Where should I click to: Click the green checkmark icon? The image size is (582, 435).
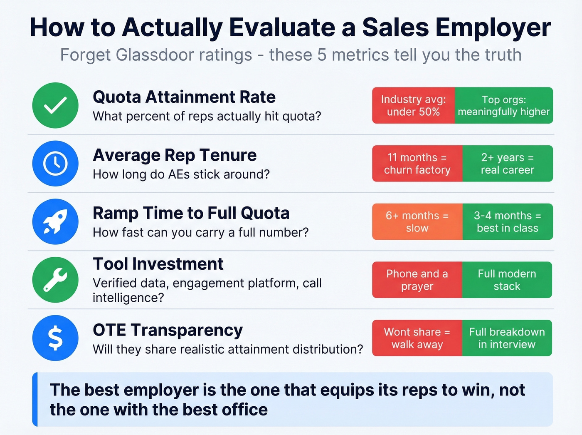tap(55, 105)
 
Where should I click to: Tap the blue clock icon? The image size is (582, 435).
tap(55, 163)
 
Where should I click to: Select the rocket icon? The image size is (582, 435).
tap(55, 221)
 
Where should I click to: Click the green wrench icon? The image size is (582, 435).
tap(55, 280)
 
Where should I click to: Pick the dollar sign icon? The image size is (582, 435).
tap(55, 338)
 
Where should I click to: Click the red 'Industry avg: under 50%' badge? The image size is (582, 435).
tap(413, 105)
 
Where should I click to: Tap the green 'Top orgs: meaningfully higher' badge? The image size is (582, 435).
tap(504, 105)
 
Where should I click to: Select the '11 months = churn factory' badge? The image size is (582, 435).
tap(417, 164)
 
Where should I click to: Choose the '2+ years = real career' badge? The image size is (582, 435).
tap(508, 164)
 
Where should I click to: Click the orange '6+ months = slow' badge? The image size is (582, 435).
tap(417, 221)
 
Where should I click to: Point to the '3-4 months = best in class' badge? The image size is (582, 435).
tap(508, 221)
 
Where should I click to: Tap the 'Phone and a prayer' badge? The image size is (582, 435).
tap(417, 280)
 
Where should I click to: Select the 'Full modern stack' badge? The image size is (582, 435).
tap(507, 280)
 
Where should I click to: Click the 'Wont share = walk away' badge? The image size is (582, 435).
tap(417, 338)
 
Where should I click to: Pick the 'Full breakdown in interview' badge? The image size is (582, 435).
tap(507, 338)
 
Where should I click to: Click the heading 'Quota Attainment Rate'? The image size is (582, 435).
tap(184, 97)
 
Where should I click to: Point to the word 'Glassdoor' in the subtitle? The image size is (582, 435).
tap(184, 55)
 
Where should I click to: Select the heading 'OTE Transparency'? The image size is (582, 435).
tap(168, 330)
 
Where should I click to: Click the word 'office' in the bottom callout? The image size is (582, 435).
tap(245, 410)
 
